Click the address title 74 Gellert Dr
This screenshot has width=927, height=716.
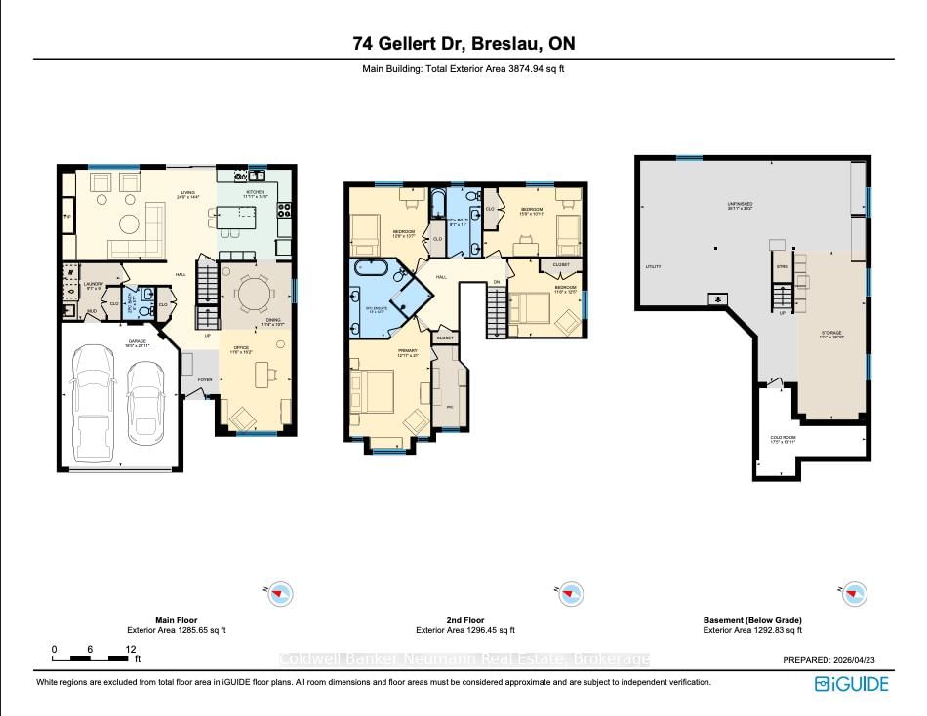463,44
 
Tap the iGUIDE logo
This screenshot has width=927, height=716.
852,683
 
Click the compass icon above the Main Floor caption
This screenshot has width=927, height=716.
281,593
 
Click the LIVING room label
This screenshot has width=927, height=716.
187,192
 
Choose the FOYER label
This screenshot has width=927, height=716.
205,379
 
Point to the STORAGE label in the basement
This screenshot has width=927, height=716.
830,333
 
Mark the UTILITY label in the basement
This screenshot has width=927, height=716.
654,266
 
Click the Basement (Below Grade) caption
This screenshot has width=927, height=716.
752,620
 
